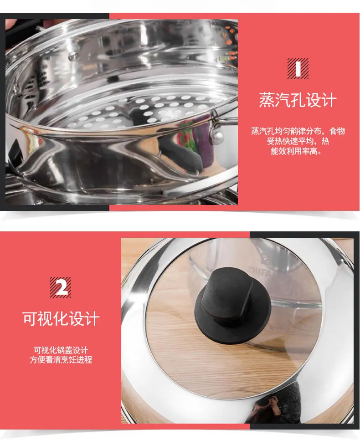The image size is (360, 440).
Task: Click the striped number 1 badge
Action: pyautogui.click(x=298, y=69)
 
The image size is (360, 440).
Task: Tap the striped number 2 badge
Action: pyautogui.click(x=60, y=287)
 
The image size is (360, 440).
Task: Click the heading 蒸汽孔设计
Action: pyautogui.click(x=298, y=100)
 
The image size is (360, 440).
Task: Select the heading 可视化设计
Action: pyautogui.click(x=61, y=318)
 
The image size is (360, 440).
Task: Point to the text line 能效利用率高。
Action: pyautogui.click(x=296, y=151)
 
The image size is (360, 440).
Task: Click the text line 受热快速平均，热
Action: pyautogui.click(x=298, y=141)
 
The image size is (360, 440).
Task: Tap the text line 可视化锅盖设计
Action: pyautogui.click(x=61, y=350)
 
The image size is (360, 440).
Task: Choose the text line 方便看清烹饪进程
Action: pyautogui.click(x=61, y=359)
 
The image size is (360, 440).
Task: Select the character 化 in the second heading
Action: pyautogui.click(x=61, y=318)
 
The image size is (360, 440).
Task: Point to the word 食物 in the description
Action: pyautogui.click(x=337, y=131)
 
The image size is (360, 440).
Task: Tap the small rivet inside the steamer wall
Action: pyautogui.click(x=73, y=56)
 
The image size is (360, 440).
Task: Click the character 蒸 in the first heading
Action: pyautogui.click(x=267, y=100)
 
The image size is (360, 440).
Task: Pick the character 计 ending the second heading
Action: pyautogui.click(x=92, y=318)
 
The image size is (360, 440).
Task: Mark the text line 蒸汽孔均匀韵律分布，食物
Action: pyautogui.click(x=298, y=131)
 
